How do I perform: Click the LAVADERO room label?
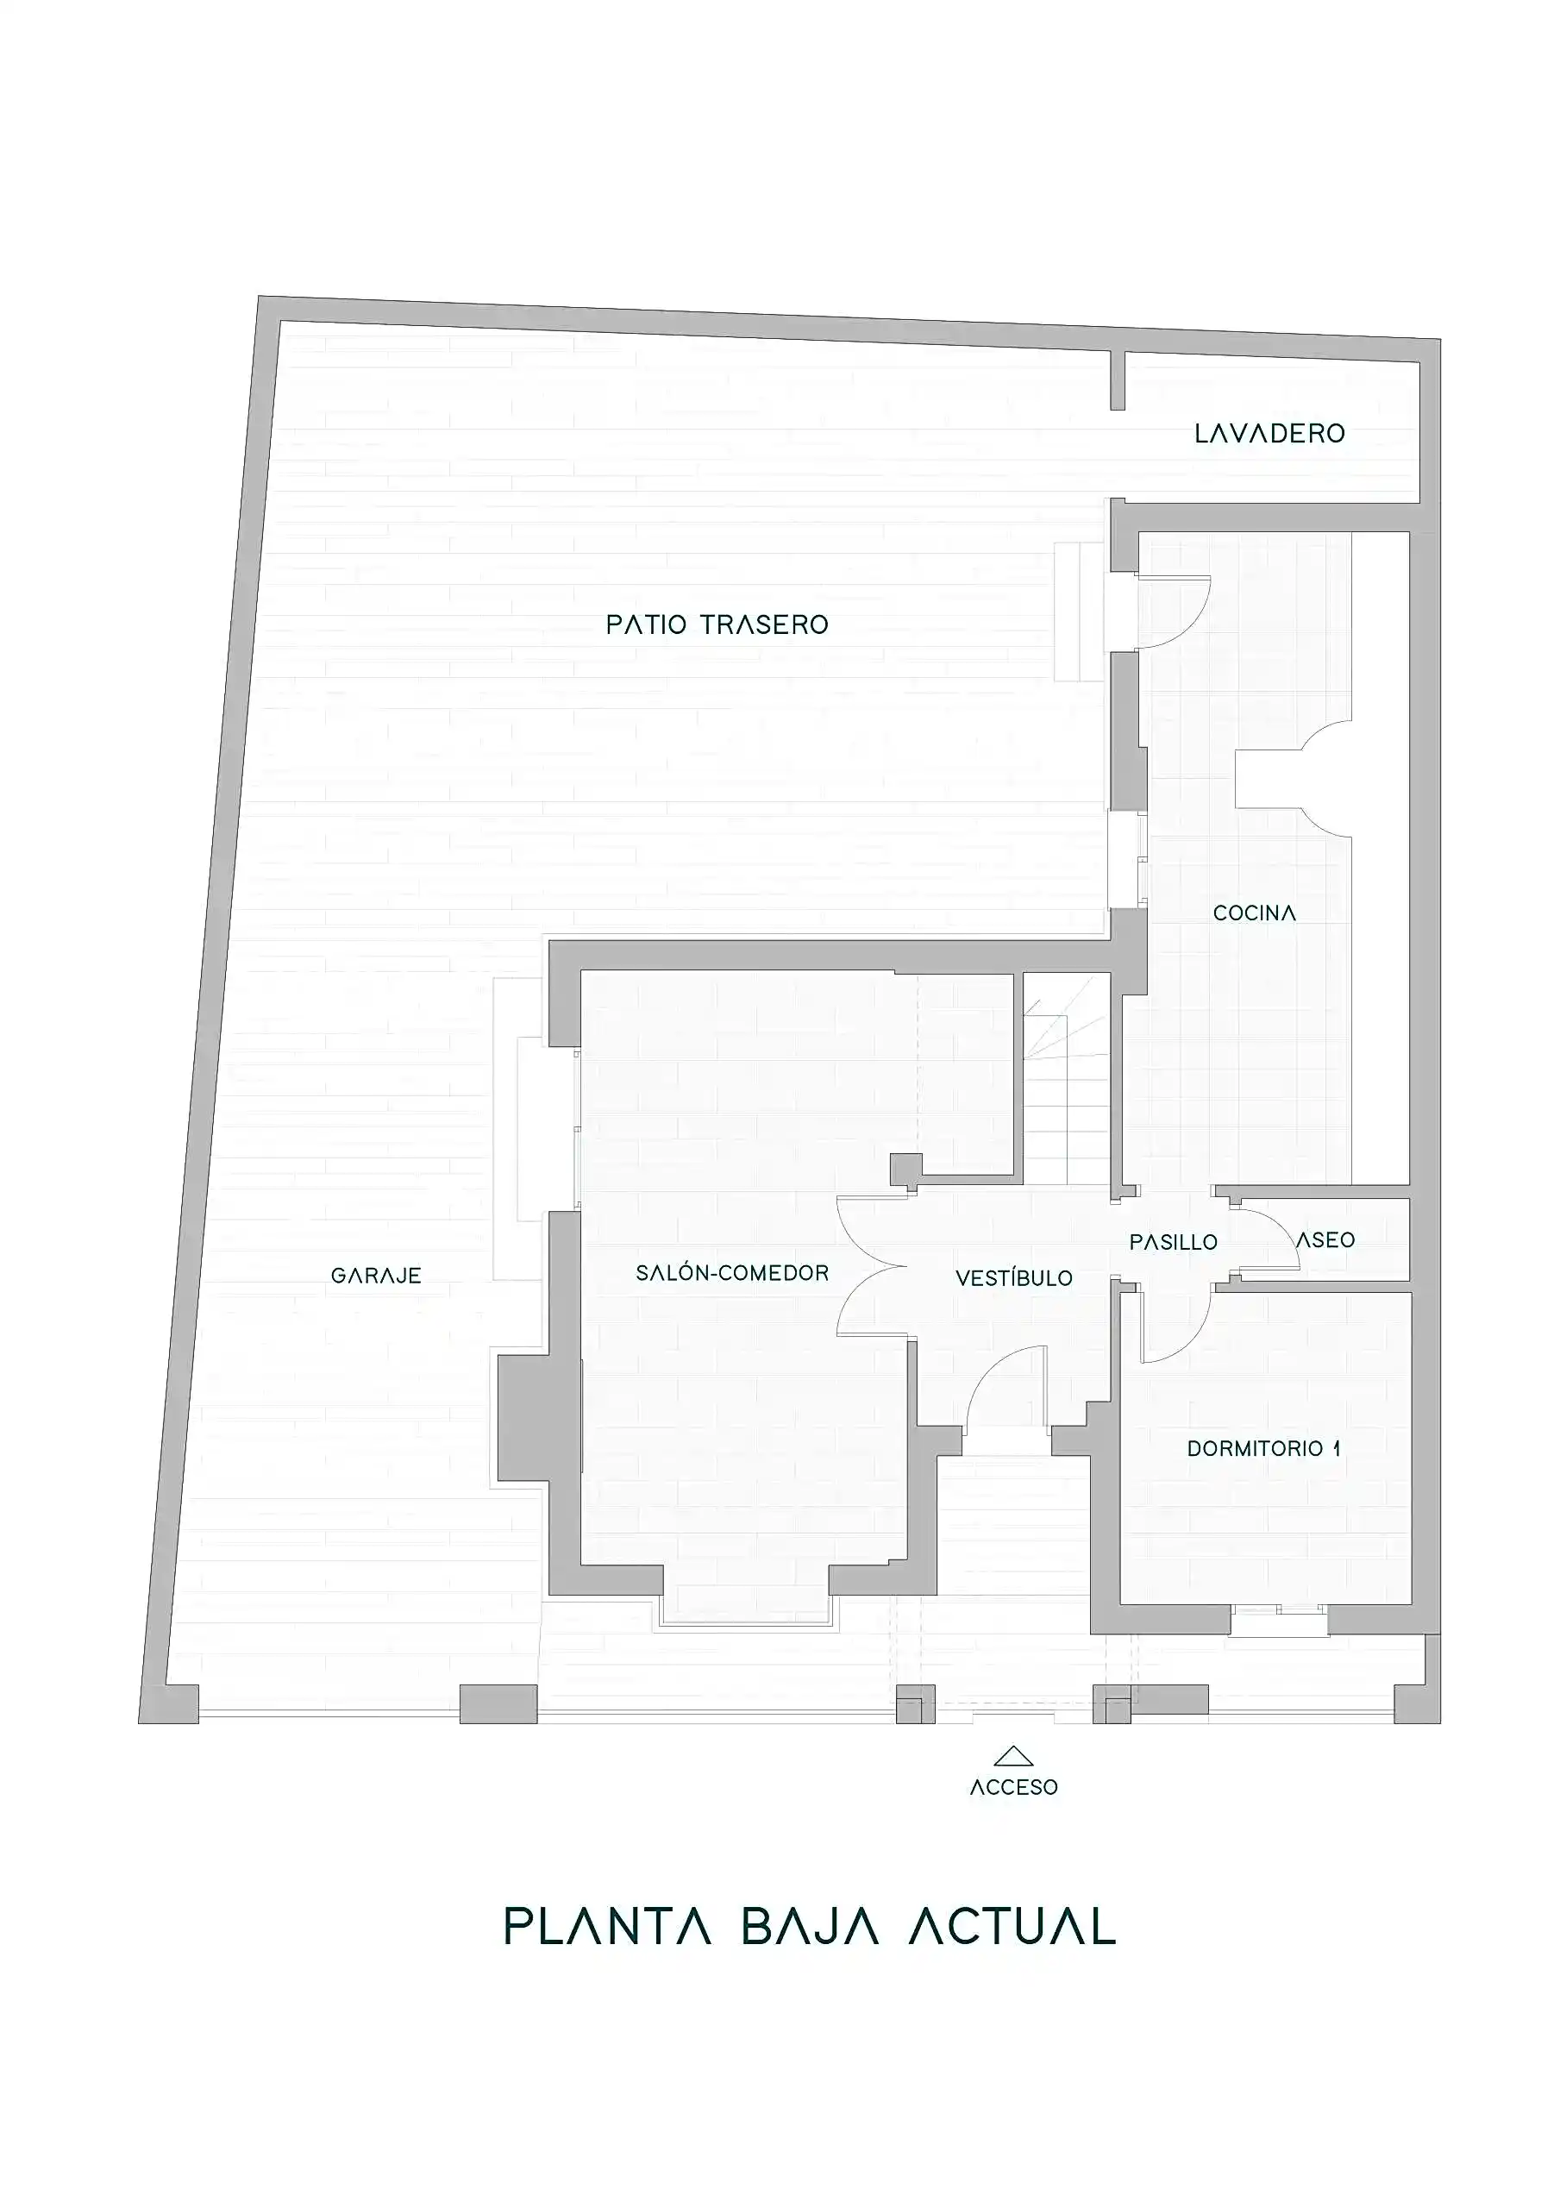[1269, 434]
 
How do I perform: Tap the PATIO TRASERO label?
[717, 625]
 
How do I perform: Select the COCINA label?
[1254, 913]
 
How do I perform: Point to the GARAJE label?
[376, 1276]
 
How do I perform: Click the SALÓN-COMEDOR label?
[732, 1272]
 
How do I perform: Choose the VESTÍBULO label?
[1014, 1277]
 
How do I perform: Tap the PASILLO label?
[1174, 1243]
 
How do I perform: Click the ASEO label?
[1325, 1240]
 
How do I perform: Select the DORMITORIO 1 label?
[1263, 1448]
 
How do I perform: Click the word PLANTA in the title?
[608, 1925]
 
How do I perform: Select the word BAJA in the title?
[810, 1925]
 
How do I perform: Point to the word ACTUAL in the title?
[1012, 1925]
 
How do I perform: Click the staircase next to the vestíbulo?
[1066, 1079]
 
